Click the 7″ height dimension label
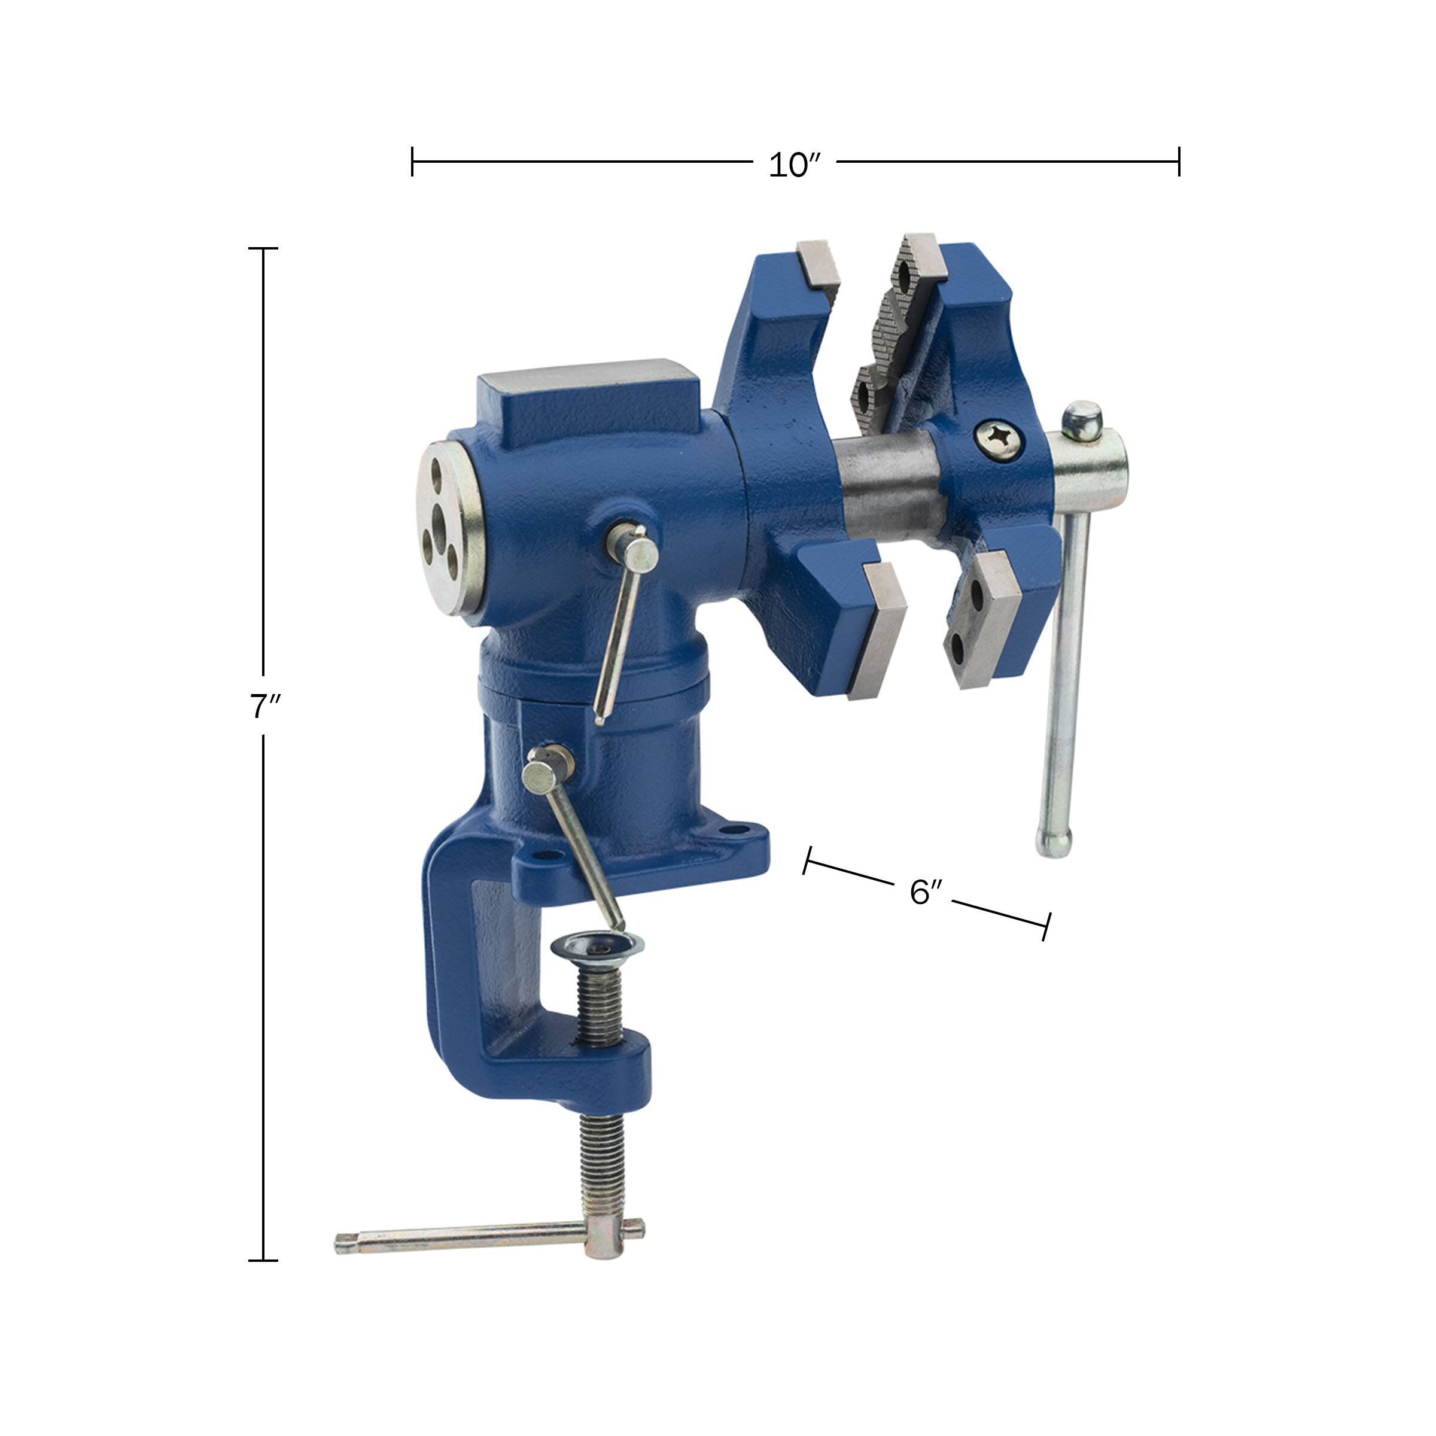(x=263, y=706)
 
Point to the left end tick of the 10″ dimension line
(x=412, y=162)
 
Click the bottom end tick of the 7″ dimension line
(x=263, y=1260)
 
